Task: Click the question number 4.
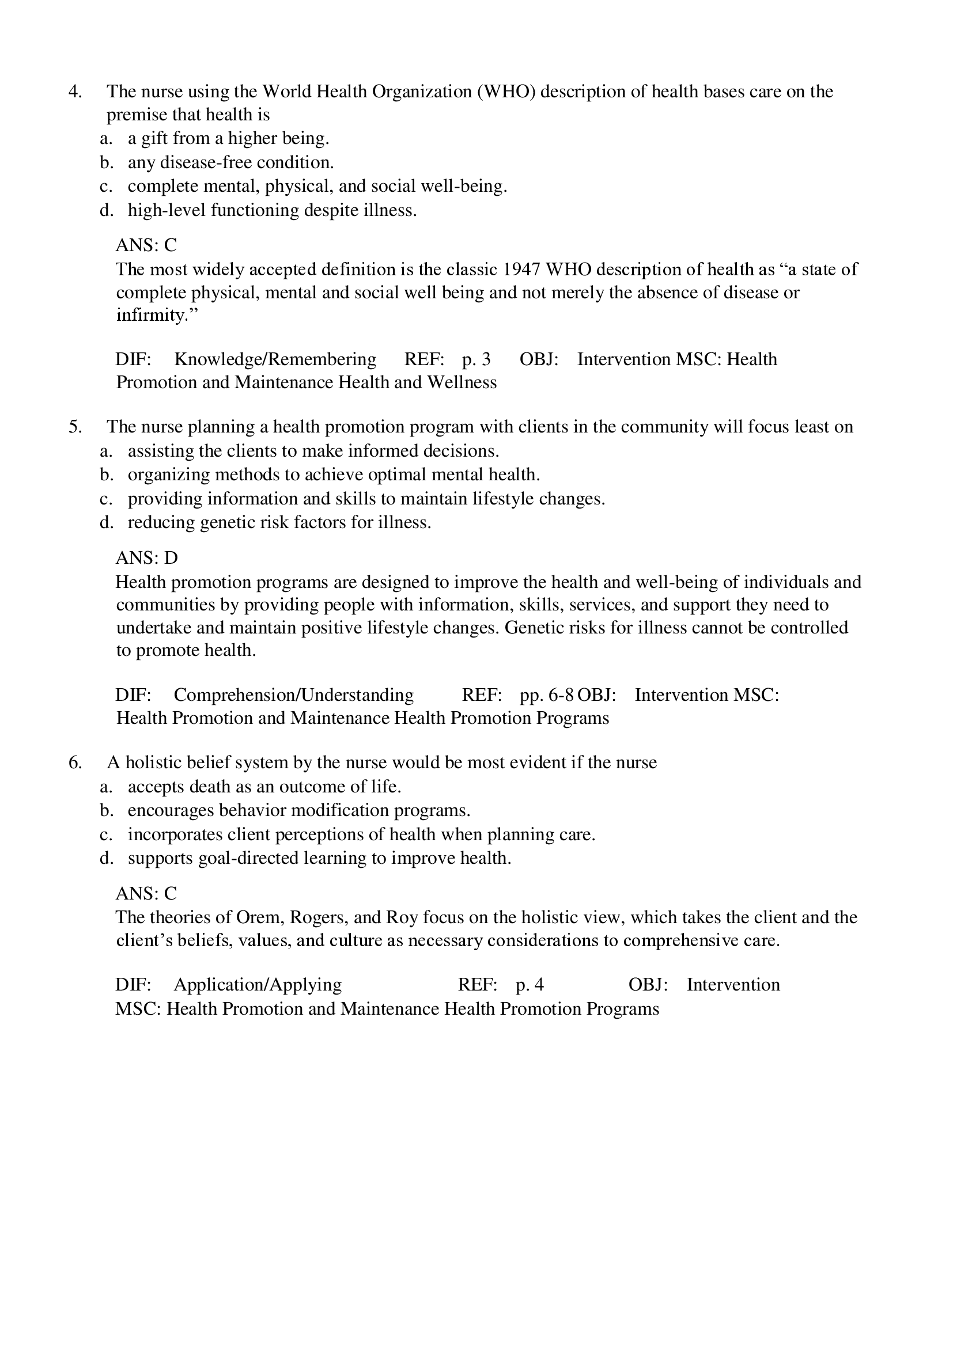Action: pos(75,92)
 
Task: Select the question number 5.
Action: pos(75,427)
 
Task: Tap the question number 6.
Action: pos(75,762)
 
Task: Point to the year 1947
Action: pos(521,270)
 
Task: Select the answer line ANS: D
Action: pos(147,557)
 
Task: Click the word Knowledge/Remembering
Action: pos(275,359)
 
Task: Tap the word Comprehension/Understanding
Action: pos(293,695)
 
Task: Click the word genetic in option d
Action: pos(226,522)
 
